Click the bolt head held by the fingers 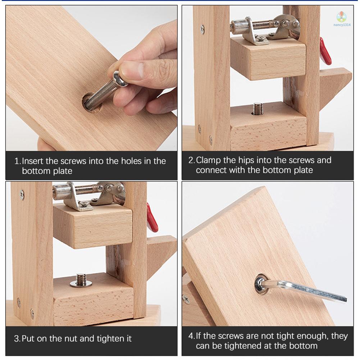[120, 78]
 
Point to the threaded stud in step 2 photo [257, 108]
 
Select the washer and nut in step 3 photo [81, 280]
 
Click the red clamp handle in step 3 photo [152, 218]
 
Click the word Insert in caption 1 [35, 161]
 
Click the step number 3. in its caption [17, 339]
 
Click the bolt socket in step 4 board [261, 285]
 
